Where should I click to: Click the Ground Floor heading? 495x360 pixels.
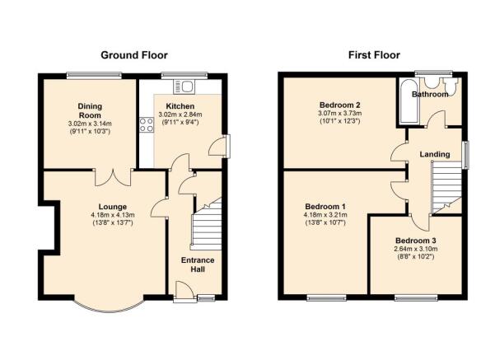pyautogui.click(x=134, y=55)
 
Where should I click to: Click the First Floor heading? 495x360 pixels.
pyautogui.click(x=374, y=55)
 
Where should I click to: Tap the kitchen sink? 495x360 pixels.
pyautogui.click(x=184, y=86)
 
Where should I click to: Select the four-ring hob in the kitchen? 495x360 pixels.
pyautogui.click(x=147, y=124)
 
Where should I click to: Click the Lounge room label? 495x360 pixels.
pyautogui.click(x=113, y=207)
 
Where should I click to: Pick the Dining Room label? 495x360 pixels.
pyautogui.click(x=90, y=110)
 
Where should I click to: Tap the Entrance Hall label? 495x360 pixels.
pyautogui.click(x=198, y=264)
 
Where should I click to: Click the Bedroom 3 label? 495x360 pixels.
pyautogui.click(x=416, y=241)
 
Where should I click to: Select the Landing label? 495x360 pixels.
pyautogui.click(x=435, y=154)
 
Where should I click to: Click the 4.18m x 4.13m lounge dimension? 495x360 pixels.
pyautogui.click(x=113, y=215)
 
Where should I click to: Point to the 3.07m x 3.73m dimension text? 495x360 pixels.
pyautogui.click(x=340, y=113)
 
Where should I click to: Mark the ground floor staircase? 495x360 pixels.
pyautogui.click(x=207, y=224)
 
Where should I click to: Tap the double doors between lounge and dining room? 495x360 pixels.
pyautogui.click(x=113, y=177)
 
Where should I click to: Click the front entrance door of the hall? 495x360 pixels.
pyautogui.click(x=184, y=290)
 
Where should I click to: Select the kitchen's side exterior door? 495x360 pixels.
pyautogui.click(x=217, y=147)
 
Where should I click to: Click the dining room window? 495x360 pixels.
pyautogui.click(x=94, y=76)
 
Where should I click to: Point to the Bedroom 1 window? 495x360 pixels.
pyautogui.click(x=326, y=297)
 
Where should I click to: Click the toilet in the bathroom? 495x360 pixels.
pyautogui.click(x=451, y=86)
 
